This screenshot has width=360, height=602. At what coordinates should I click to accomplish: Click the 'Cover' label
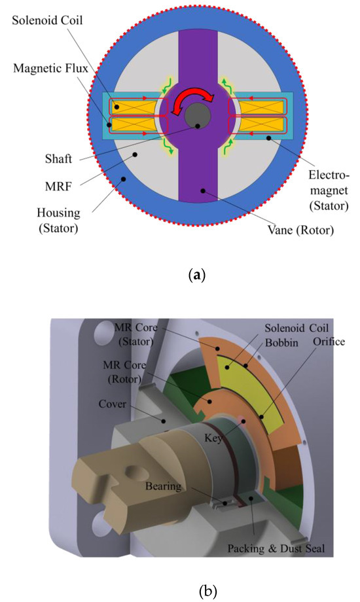click(92, 402)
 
